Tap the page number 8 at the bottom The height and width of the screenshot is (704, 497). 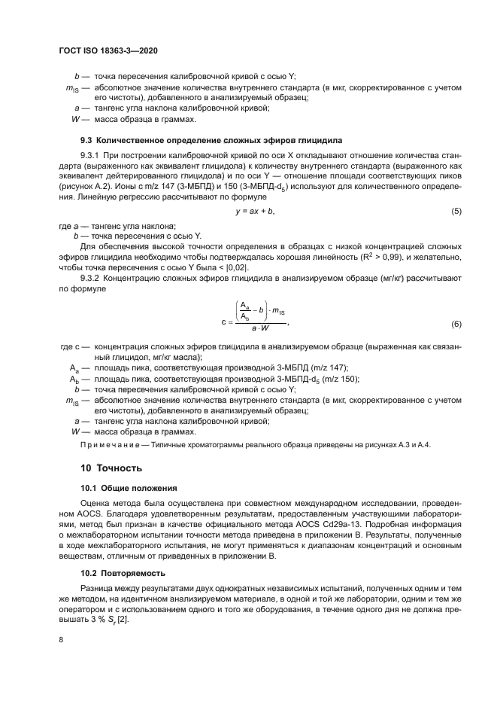tap(61, 638)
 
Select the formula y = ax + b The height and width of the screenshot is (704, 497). tap(255, 212)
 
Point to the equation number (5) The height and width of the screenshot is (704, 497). tap(456, 212)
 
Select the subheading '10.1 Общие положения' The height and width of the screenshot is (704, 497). tap(129, 488)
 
